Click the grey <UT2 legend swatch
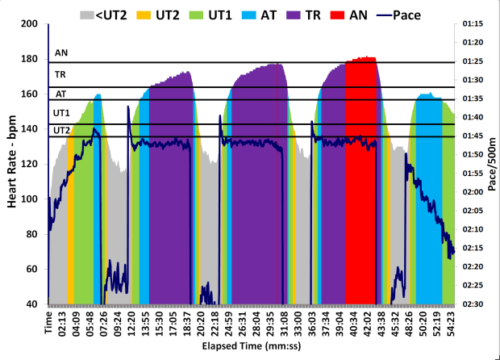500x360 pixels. pyautogui.click(x=88, y=14)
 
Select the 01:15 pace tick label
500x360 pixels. pyautogui.click(x=473, y=24)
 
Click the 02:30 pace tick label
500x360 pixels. pyautogui.click(x=473, y=304)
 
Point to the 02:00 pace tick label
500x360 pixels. pyautogui.click(x=473, y=192)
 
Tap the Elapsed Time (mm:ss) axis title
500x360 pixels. pyautogui.click(x=251, y=346)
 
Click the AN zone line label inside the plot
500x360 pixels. pyautogui.click(x=60, y=54)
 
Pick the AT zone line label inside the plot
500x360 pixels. pyautogui.click(x=60, y=94)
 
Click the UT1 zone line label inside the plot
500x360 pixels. pyautogui.click(x=61, y=113)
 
